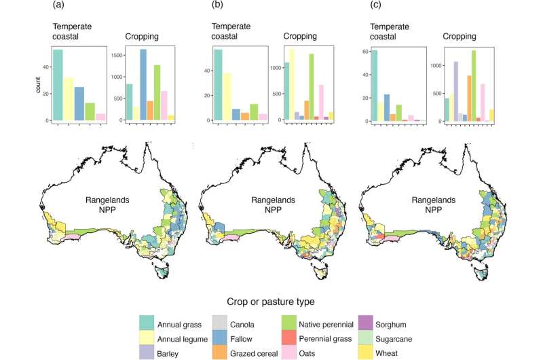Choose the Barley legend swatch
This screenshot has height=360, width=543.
tap(154, 352)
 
